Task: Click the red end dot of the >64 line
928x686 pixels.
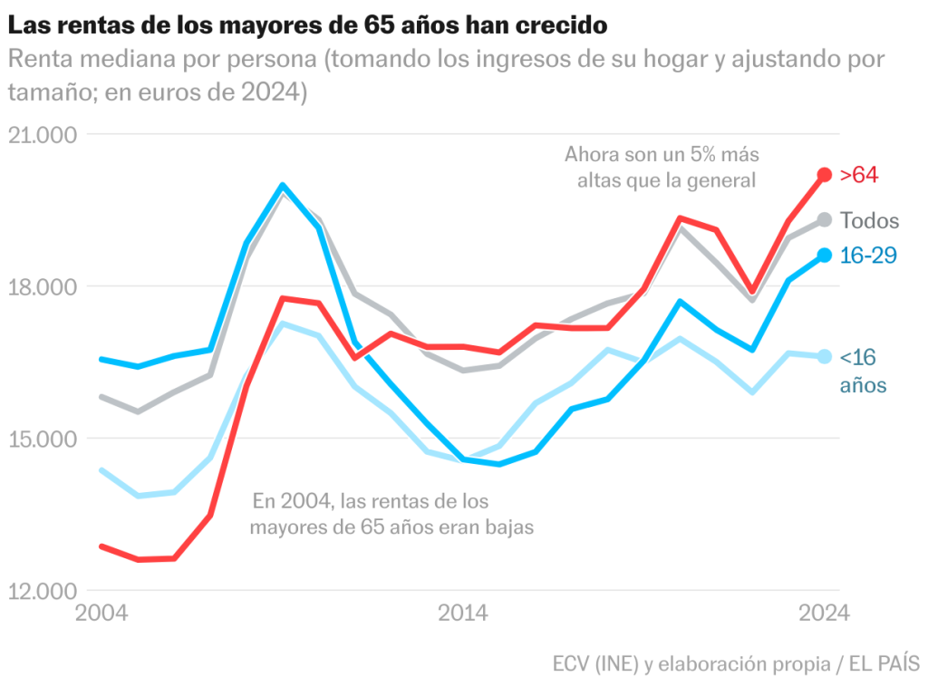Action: click(824, 175)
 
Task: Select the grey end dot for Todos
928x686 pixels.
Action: click(824, 220)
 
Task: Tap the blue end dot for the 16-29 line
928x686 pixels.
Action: click(824, 256)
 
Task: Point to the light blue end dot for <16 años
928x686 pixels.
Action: click(824, 357)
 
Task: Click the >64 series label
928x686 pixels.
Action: click(859, 175)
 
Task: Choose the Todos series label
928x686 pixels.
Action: click(869, 221)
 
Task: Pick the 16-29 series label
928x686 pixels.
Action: click(868, 256)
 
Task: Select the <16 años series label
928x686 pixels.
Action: click(862, 372)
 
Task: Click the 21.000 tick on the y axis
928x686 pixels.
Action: click(43, 135)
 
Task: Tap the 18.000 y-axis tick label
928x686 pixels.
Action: click(43, 287)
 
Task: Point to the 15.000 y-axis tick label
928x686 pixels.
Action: click(43, 440)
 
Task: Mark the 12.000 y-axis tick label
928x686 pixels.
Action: click(43, 592)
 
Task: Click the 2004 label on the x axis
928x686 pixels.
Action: click(101, 614)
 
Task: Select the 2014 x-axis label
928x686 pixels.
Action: click(463, 614)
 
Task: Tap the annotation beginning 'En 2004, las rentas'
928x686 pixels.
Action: click(391, 513)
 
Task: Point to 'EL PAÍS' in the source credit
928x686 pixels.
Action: click(884, 664)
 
